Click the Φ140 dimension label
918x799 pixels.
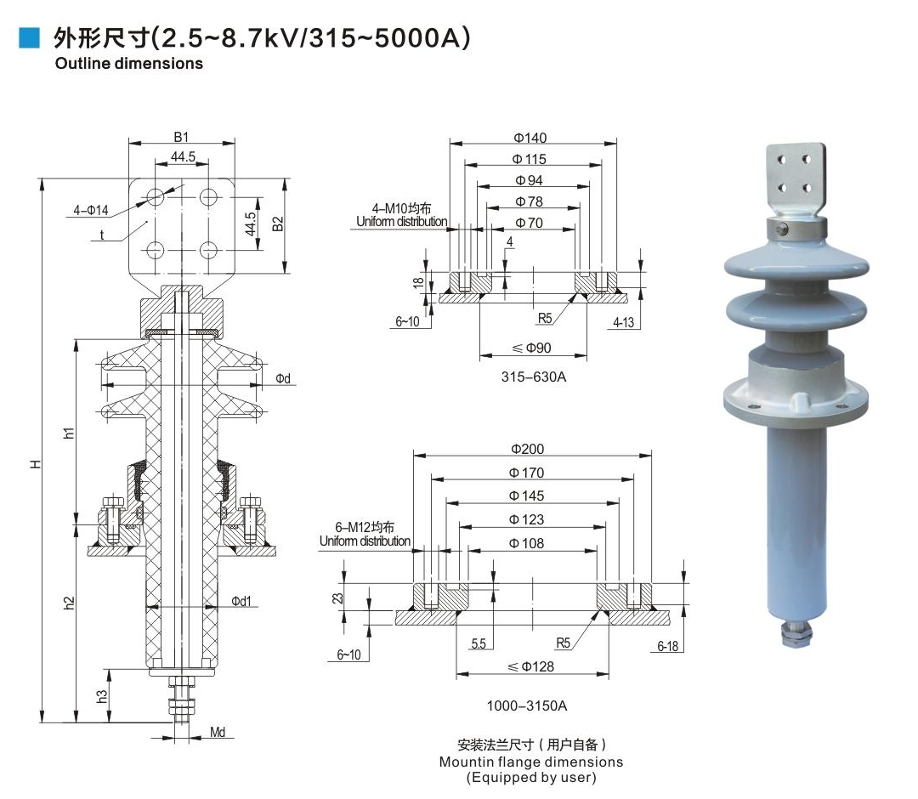[530, 138]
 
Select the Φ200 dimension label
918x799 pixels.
[527, 449]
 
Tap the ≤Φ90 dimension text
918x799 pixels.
[532, 348]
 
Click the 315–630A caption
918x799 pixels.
[533, 377]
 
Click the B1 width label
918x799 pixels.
[180, 136]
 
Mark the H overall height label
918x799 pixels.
[35, 464]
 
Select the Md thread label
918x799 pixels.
[218, 732]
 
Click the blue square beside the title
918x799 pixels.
[30, 37]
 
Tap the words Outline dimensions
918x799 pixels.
[128, 63]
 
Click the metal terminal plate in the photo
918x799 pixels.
[796, 180]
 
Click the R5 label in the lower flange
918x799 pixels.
[563, 643]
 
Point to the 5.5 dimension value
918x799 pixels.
[479, 644]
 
